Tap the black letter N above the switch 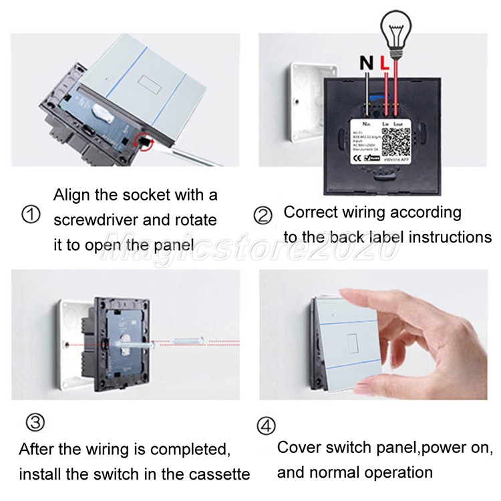pos(366,63)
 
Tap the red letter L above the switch pos(384,63)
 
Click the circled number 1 pos(31,215)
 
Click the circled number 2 pos(263,215)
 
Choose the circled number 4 pos(266,425)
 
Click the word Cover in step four pos(300,448)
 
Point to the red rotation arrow pos(142,141)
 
